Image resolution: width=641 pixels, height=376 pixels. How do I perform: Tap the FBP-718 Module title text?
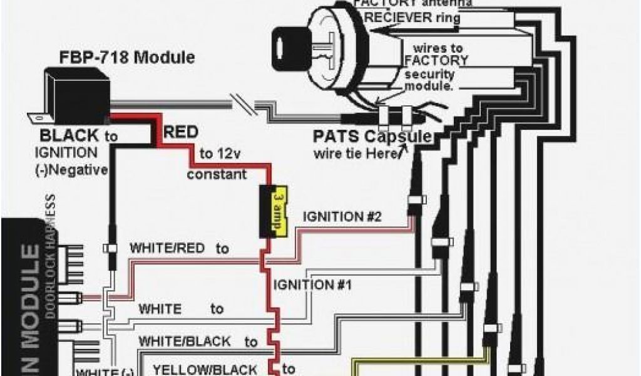[126, 58]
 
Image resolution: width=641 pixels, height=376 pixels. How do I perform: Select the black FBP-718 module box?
[75, 94]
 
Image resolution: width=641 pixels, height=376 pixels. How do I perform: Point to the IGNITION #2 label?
[342, 217]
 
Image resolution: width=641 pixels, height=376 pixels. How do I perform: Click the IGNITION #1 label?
[312, 285]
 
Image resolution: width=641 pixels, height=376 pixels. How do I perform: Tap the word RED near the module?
[181, 132]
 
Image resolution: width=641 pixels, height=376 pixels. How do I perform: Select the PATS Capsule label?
[372, 136]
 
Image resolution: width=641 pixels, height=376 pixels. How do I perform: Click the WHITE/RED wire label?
[167, 248]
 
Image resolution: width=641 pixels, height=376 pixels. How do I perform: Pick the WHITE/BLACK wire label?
[183, 342]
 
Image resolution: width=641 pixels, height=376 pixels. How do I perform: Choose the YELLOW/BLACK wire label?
[205, 369]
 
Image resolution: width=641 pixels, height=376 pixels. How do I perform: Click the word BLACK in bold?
[69, 135]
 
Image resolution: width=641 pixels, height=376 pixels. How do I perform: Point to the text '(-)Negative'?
[71, 169]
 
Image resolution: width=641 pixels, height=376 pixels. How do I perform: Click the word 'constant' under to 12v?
[217, 174]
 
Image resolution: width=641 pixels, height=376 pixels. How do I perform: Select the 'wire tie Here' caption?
[357, 154]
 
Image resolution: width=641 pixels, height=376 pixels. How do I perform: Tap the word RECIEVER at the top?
[401, 18]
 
